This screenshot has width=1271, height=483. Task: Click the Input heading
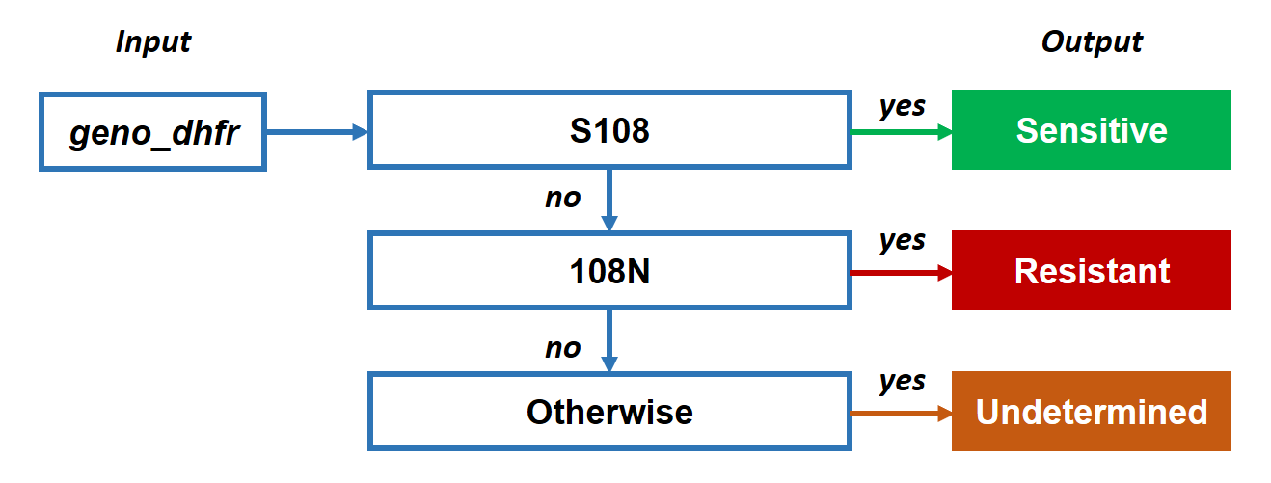[x=153, y=42]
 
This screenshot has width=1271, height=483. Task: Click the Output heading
[x=1092, y=42]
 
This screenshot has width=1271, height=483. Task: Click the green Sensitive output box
[x=1091, y=130]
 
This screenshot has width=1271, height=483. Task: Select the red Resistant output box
[x=1091, y=271]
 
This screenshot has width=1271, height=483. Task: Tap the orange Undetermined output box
[x=1091, y=412]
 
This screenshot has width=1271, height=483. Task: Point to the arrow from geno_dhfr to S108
[x=317, y=132]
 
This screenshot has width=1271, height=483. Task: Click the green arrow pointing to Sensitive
[x=902, y=132]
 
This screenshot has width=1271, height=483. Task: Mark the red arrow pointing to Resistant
[x=902, y=273]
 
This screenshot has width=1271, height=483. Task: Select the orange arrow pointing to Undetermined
[x=902, y=414]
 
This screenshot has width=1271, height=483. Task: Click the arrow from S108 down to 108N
[x=609, y=200]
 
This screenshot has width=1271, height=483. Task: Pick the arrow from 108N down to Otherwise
[x=609, y=340]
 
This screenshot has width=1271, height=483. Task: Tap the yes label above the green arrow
[x=903, y=107]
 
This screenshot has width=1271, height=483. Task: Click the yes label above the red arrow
[x=903, y=241]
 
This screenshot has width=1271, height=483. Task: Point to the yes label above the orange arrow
[x=903, y=382]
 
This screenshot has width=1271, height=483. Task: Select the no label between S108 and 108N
[x=563, y=199]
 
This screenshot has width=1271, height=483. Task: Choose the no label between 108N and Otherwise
[x=563, y=348]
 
